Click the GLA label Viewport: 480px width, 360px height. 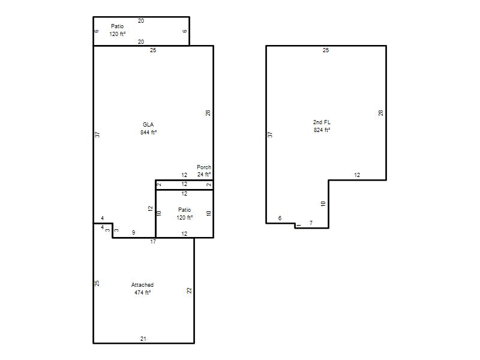tap(148, 125)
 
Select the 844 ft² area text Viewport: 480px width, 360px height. tap(148, 132)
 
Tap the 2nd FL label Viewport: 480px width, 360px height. tap(322, 122)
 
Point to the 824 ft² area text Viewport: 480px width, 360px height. tap(322, 130)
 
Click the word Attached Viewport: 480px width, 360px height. tap(142, 284)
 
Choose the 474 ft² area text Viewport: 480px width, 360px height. tap(142, 292)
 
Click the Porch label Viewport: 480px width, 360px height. tap(204, 167)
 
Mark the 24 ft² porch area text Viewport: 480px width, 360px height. tap(204, 174)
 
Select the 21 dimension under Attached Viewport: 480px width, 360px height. tap(143, 338)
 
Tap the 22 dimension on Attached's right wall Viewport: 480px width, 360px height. tap(189, 290)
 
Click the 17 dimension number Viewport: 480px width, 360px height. tap(153, 242)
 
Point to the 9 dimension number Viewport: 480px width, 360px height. tap(133, 233)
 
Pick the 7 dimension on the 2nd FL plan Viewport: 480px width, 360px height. tap(311, 223)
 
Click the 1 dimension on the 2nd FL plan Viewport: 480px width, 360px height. tap(299, 226)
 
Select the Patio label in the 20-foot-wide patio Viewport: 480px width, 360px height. tap(117, 26)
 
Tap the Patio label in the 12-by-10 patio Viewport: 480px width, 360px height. tap(184, 209)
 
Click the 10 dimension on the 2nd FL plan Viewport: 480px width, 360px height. tap(323, 203)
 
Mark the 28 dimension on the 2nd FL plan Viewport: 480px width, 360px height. tap(380, 113)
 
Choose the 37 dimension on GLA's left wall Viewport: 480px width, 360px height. tap(97, 134)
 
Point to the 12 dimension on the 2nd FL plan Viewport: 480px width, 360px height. tap(357, 175)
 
